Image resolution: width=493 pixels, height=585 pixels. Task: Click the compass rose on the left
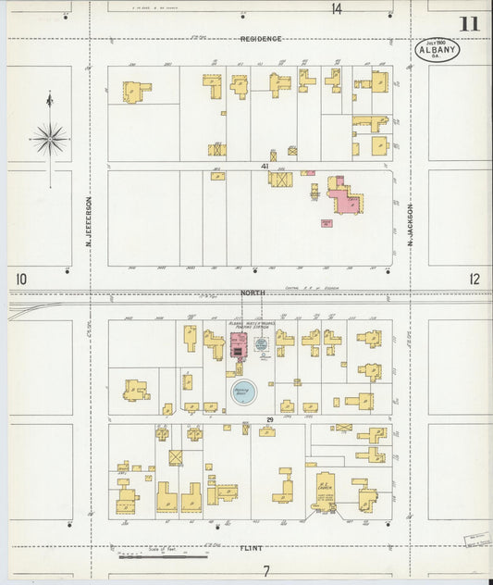click(50, 140)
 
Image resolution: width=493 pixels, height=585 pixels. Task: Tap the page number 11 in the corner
click(469, 23)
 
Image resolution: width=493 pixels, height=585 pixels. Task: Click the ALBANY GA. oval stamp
click(437, 50)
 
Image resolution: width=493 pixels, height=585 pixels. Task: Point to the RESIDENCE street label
click(261, 39)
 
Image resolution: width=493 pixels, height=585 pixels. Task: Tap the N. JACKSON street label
click(410, 228)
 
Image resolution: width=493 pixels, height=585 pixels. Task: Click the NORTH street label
click(253, 292)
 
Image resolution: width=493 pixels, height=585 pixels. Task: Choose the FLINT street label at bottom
click(252, 547)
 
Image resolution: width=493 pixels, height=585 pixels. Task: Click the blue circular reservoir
click(243, 391)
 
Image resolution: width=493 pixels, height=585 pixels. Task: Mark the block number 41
click(265, 166)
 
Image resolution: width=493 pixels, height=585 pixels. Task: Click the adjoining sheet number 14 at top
click(337, 8)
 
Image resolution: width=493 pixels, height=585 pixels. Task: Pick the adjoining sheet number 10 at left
click(21, 278)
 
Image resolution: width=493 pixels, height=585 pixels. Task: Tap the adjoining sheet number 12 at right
click(475, 278)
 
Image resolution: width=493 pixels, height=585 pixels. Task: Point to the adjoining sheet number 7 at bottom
click(265, 570)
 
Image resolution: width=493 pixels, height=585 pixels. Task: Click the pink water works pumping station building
click(237, 345)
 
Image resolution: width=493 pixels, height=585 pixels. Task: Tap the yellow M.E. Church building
click(325, 489)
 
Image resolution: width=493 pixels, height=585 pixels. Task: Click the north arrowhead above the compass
click(50, 98)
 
